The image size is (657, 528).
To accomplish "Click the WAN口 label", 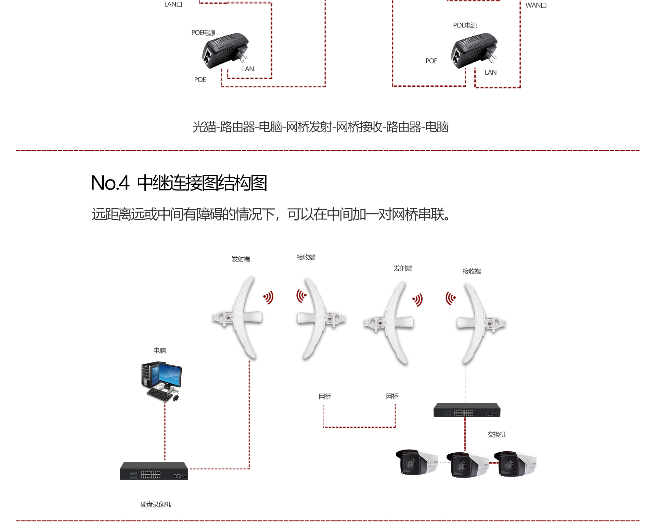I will point(536,5).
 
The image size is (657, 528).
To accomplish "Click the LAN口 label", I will point(173,4).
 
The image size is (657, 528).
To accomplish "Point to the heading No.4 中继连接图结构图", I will point(179,183).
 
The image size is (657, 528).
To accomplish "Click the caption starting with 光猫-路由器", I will point(320,127).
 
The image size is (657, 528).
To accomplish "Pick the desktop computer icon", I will point(162,381).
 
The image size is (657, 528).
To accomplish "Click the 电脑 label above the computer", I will point(159,351).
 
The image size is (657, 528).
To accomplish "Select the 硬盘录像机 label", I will point(155,504).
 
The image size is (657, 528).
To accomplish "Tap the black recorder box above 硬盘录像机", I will point(154,471).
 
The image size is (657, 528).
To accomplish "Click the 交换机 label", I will point(497,434).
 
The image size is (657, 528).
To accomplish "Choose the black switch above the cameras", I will point(467,410).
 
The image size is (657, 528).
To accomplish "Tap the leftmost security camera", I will point(416,463).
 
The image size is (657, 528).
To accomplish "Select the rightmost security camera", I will point(515,464).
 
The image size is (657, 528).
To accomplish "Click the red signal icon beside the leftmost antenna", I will point(268,297).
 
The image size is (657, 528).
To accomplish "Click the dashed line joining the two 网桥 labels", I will point(359,427).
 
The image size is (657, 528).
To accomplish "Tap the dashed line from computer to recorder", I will point(165,432).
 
